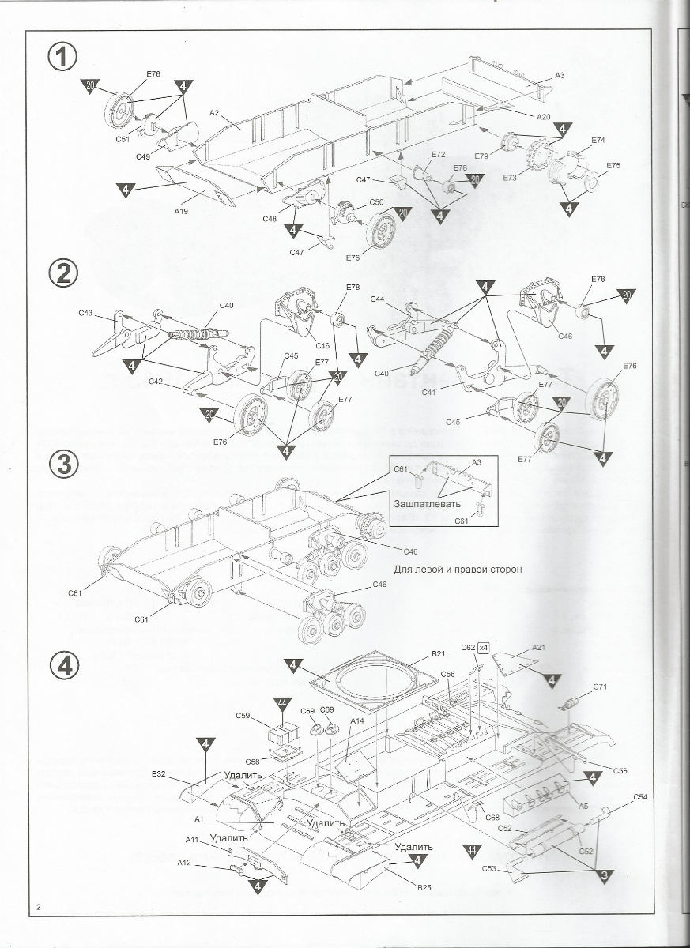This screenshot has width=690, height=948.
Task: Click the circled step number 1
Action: tap(64, 57)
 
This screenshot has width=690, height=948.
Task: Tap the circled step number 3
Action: tap(64, 465)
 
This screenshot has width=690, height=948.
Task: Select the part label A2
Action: tap(213, 113)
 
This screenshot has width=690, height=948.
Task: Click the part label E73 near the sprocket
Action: tap(509, 179)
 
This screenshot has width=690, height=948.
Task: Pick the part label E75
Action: tap(613, 166)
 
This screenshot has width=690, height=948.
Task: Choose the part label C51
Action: tap(122, 139)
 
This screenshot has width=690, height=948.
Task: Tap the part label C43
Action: tap(86, 313)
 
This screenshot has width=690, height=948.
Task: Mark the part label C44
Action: tap(377, 299)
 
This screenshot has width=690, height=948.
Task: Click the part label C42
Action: tap(156, 382)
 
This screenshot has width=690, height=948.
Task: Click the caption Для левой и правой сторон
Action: tap(458, 569)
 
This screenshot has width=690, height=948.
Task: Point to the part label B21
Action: tap(439, 654)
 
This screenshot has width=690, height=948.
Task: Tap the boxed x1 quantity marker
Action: tap(485, 648)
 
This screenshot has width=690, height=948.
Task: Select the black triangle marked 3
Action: tap(603, 875)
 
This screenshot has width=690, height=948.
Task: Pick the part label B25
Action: tap(424, 887)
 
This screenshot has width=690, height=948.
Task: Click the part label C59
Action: tap(243, 716)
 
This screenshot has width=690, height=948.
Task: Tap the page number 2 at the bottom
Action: tap(38, 906)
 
